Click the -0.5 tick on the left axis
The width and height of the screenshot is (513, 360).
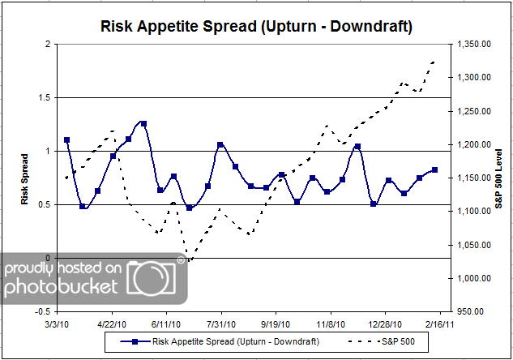pyautogui.click(x=41, y=311)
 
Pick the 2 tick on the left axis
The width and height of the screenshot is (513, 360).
pyautogui.click(x=48, y=45)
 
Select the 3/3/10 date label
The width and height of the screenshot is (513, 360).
pyautogui.click(x=57, y=322)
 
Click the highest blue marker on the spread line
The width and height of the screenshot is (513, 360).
pyautogui.click(x=143, y=123)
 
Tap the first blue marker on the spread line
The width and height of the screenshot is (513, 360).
pyautogui.click(x=66, y=139)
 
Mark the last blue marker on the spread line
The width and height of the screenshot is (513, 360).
pyautogui.click(x=435, y=169)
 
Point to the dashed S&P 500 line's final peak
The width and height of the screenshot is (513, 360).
pyautogui.click(x=434, y=61)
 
